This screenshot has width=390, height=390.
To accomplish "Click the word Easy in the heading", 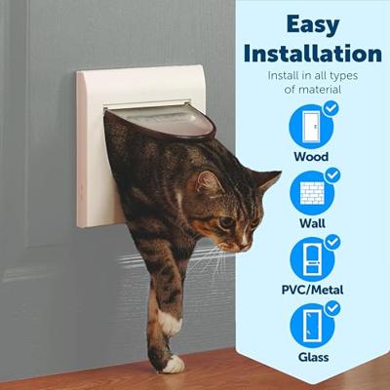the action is click(313, 26).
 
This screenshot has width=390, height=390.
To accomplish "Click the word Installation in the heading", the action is click(313, 54).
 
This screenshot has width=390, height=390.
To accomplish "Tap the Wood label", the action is click(311, 157).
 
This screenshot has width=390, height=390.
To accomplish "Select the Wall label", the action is click(312, 223).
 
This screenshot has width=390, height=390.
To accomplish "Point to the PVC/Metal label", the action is click(312, 290).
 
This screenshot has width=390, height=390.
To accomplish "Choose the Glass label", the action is click(313, 357).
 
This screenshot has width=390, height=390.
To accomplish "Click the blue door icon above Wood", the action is click(311, 127).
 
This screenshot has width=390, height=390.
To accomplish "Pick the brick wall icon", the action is click(312, 193).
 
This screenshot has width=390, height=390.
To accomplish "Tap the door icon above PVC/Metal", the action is click(312, 259).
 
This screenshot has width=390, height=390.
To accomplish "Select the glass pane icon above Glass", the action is click(312, 326).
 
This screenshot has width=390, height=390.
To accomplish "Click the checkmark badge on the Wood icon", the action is click(331, 109).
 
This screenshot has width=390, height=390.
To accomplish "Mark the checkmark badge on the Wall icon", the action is click(332, 175).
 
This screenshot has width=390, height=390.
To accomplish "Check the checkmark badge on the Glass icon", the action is click(332, 308).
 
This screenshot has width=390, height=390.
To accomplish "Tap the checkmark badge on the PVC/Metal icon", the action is click(332, 242).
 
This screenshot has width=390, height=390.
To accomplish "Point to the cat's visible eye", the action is click(225, 223).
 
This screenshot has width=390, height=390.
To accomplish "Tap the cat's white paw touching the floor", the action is click(173, 364).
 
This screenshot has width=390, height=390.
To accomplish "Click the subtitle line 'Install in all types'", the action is click(313, 76).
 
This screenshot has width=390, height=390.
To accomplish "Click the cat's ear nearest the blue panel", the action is click(267, 182).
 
